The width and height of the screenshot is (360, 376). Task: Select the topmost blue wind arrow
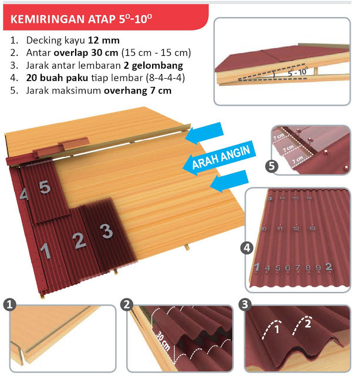pos(206,134)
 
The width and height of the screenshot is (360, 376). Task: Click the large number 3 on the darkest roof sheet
pos(106,231)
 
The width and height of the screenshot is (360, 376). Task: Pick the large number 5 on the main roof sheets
pos(45,187)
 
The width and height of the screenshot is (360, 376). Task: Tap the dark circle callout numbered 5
pos(271,166)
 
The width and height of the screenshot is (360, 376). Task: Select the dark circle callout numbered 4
pos(247,248)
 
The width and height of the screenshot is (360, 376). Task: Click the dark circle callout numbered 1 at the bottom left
pos(9,304)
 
